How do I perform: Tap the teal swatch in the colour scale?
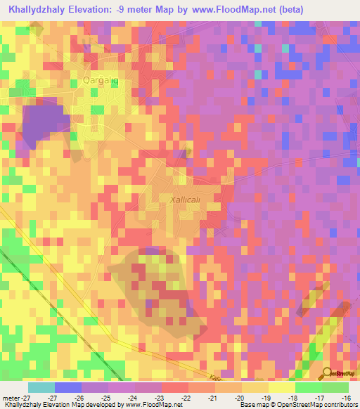pyautogui.click(x=41, y=387)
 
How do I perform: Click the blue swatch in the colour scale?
pyautogui.click(x=68, y=387)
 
